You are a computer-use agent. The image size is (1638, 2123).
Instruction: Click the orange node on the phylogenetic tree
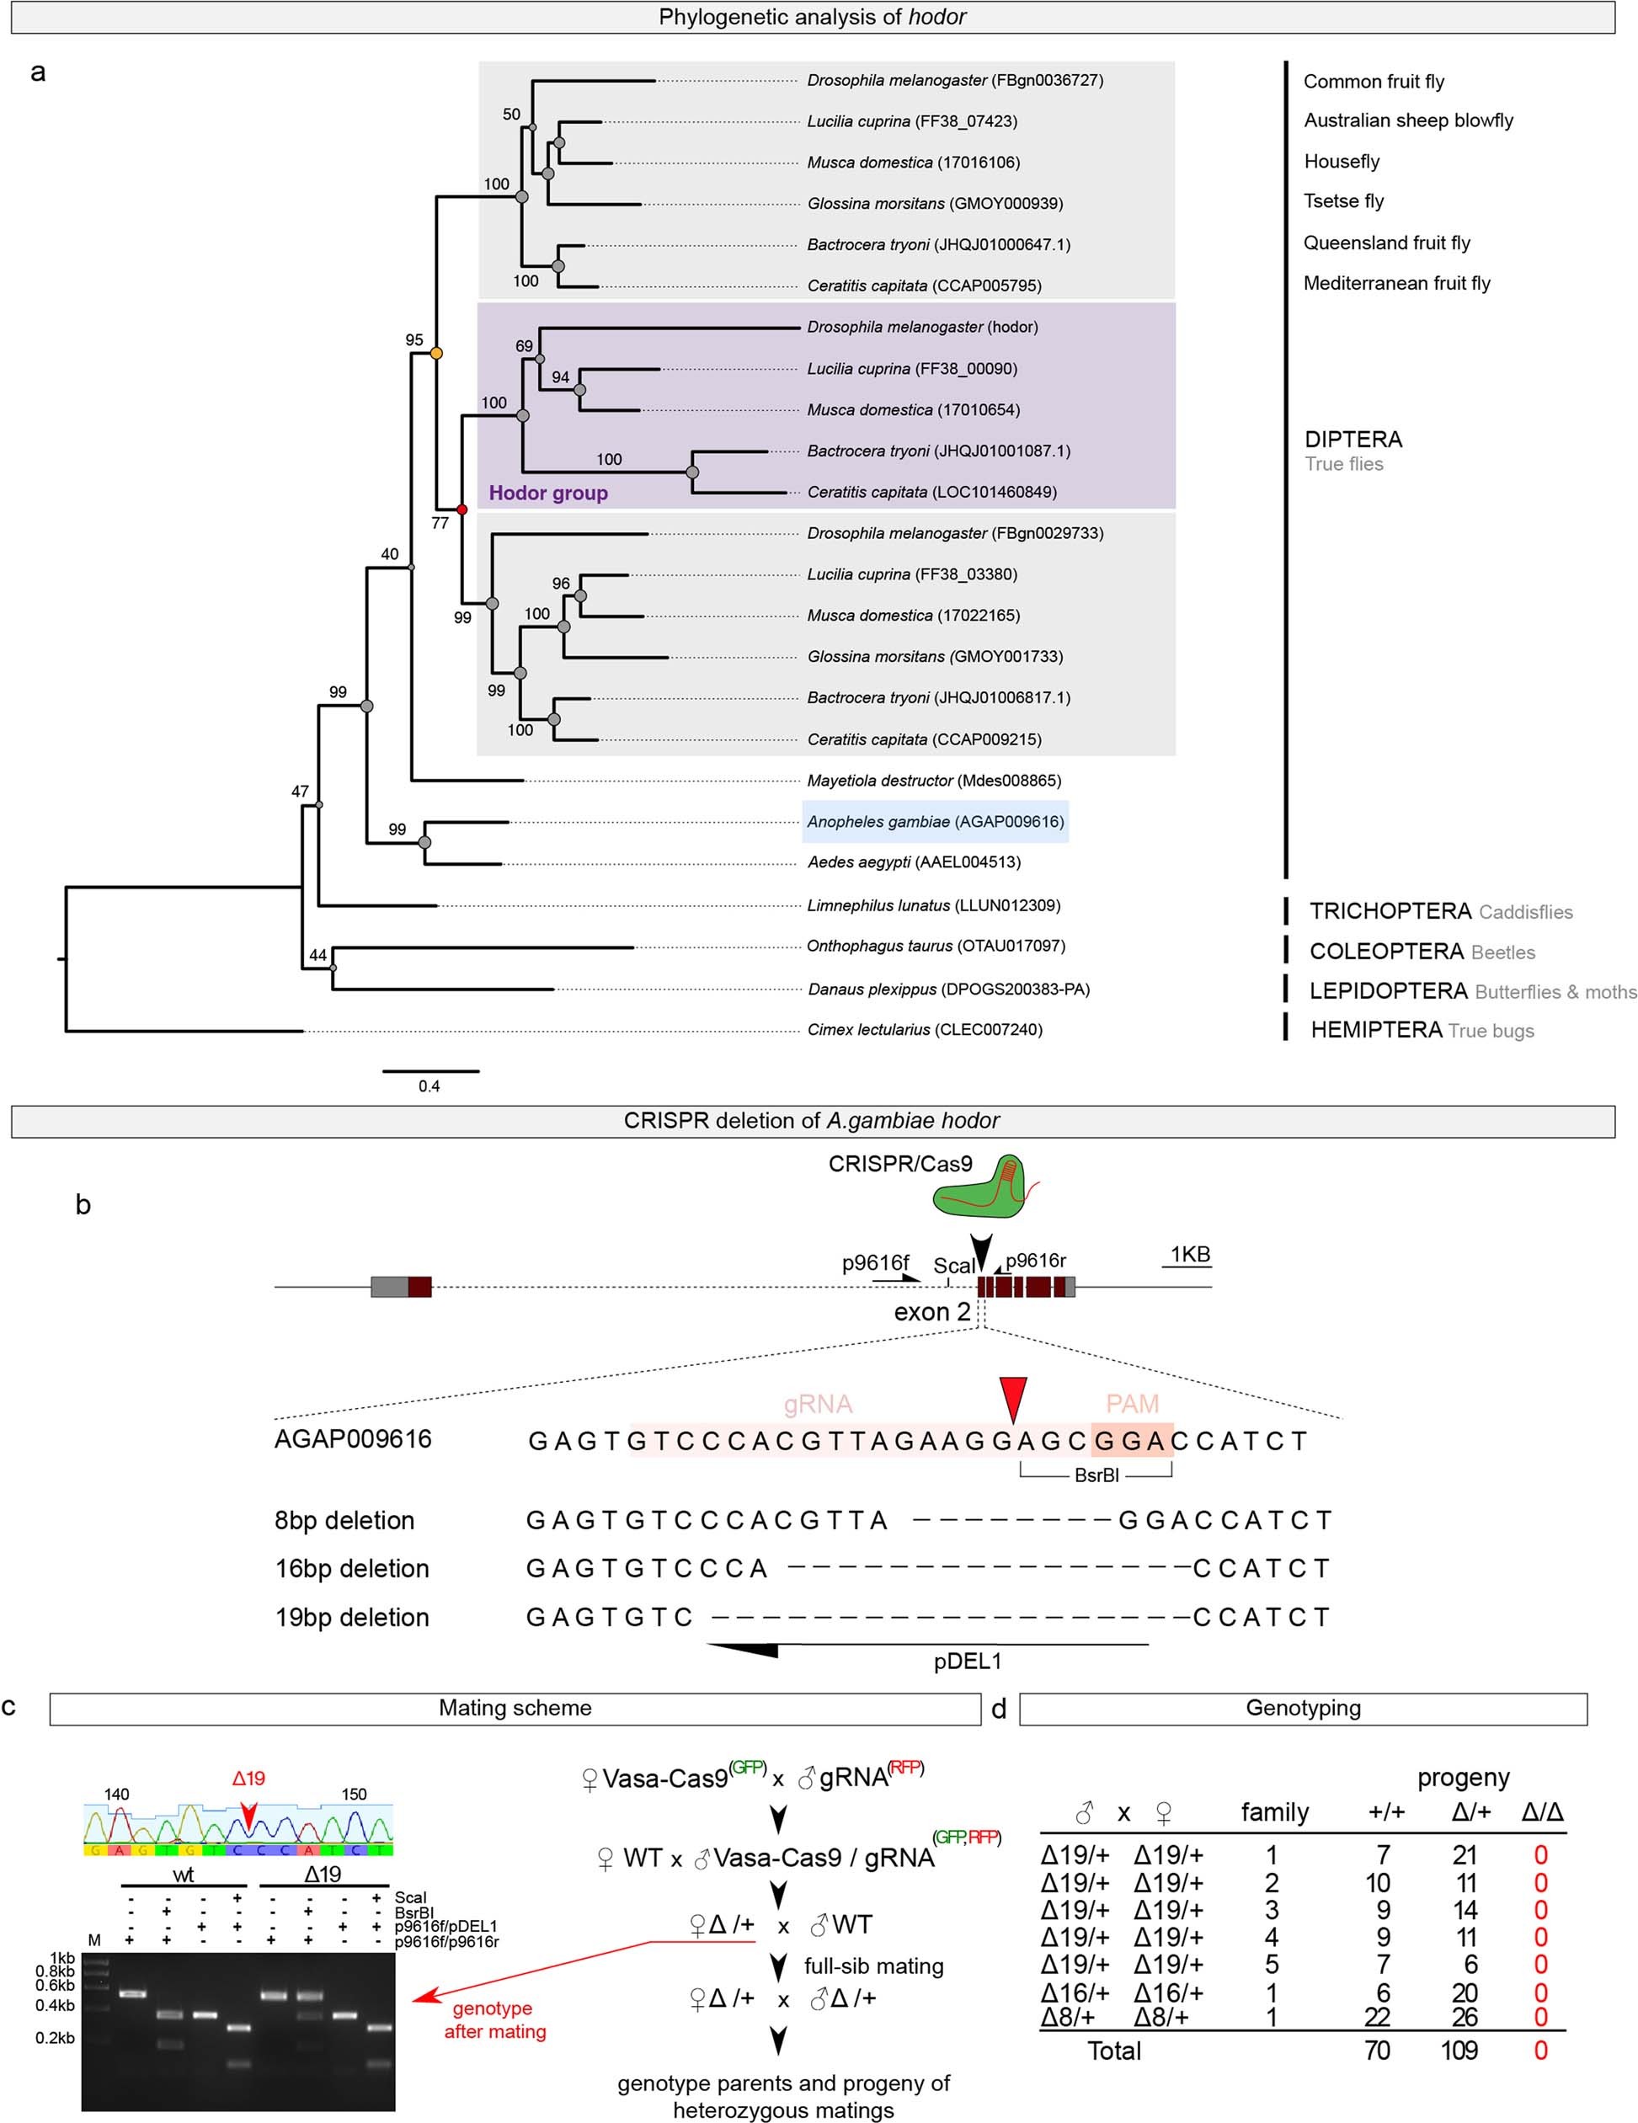pos(436,353)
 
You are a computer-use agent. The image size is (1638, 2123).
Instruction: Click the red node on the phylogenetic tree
pos(462,509)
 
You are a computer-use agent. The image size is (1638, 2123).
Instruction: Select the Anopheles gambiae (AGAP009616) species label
pos(935,821)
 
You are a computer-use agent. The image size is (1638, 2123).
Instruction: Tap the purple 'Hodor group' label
pos(548,493)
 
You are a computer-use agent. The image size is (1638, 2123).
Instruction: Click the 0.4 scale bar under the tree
pos(430,1072)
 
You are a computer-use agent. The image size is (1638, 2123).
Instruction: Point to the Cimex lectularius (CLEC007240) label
pos(925,1029)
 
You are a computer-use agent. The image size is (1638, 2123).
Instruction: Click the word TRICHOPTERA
pos(1389,911)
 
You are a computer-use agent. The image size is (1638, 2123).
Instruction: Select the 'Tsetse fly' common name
pos(1343,201)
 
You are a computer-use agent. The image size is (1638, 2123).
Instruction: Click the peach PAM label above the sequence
pos(1132,1404)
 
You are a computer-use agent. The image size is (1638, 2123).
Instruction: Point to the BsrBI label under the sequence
pos(1096,1475)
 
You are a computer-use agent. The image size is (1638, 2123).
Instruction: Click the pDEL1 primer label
pos(968,1662)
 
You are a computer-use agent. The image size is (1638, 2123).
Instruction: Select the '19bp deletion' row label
pos(352,1618)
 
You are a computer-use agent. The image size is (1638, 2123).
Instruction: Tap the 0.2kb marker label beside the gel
pos(56,2037)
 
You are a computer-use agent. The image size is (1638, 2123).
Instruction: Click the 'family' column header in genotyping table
pos(1274,1812)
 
